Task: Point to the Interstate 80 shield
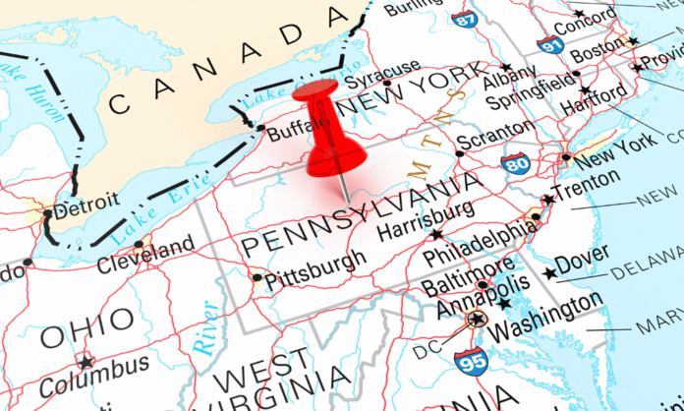(x=515, y=161)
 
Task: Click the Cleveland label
(x=146, y=258)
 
